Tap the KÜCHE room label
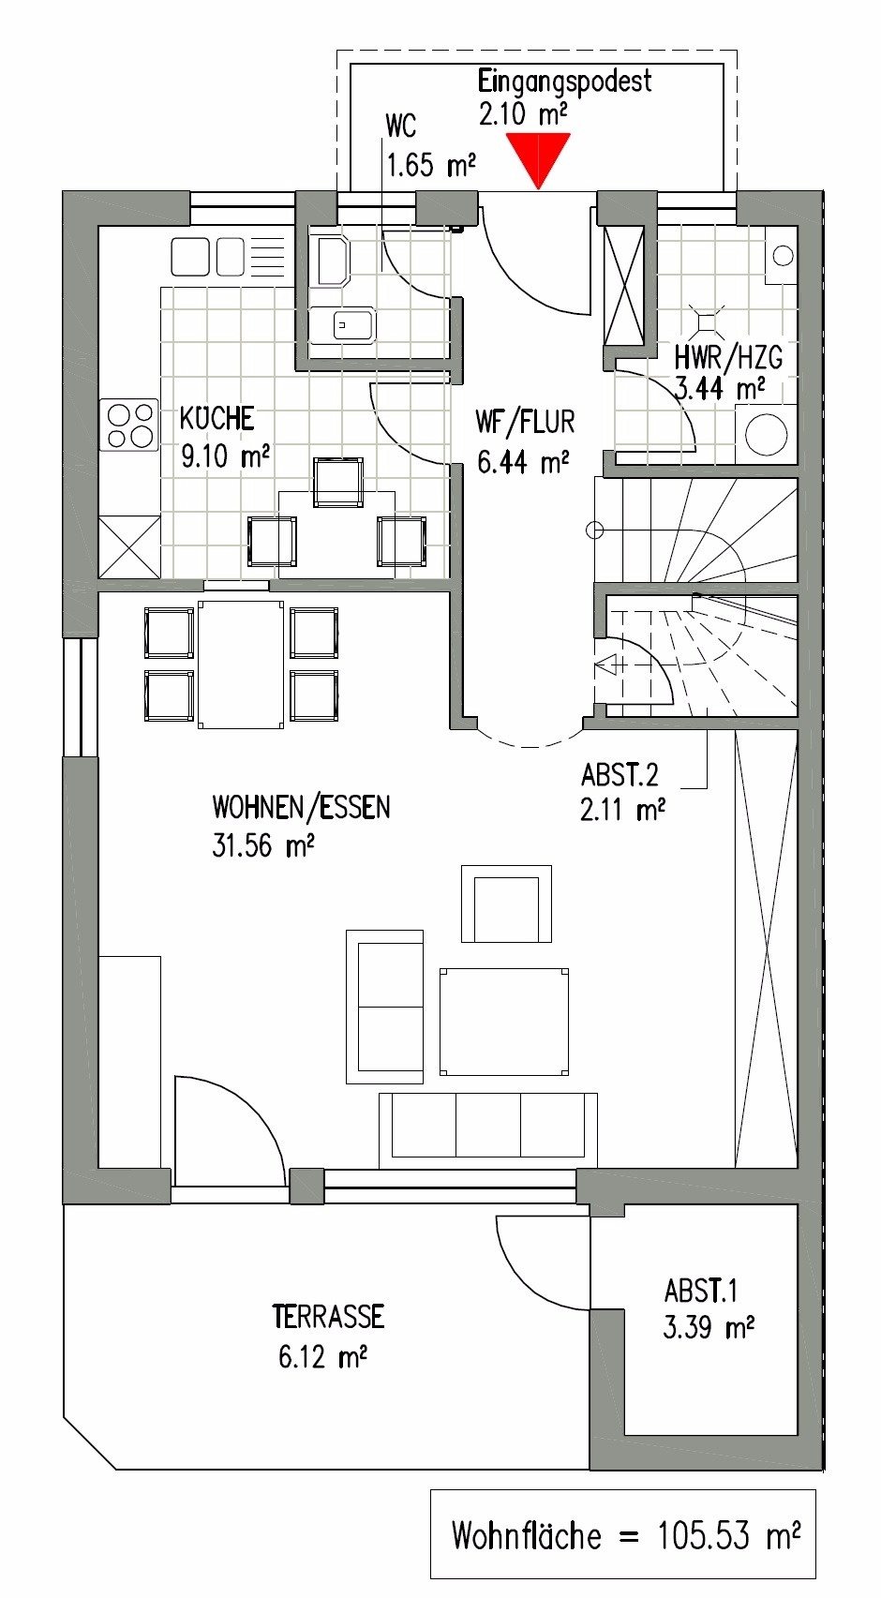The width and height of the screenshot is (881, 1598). (x=217, y=418)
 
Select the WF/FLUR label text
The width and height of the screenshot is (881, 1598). (x=525, y=422)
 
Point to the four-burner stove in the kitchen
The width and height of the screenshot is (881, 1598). (x=130, y=426)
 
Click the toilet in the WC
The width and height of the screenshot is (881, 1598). (x=333, y=260)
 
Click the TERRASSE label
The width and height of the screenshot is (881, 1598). (x=328, y=1317)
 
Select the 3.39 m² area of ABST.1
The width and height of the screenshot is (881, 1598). (x=709, y=1328)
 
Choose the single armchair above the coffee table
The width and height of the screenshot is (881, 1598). (x=506, y=904)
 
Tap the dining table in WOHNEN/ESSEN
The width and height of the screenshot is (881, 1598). (x=241, y=665)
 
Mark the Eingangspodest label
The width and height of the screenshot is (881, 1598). (x=564, y=81)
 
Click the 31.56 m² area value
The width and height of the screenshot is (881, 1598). (x=263, y=846)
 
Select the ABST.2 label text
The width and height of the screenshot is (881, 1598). (x=620, y=775)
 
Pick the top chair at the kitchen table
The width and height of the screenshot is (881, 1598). (x=338, y=482)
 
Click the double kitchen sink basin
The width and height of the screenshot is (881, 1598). (x=207, y=256)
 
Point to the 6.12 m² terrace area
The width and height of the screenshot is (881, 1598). (x=321, y=1356)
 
